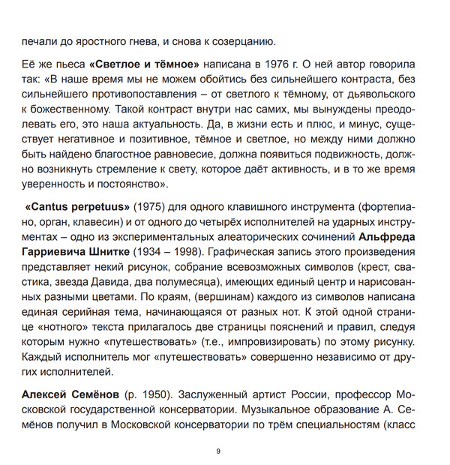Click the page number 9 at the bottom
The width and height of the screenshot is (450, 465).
click(217, 451)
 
